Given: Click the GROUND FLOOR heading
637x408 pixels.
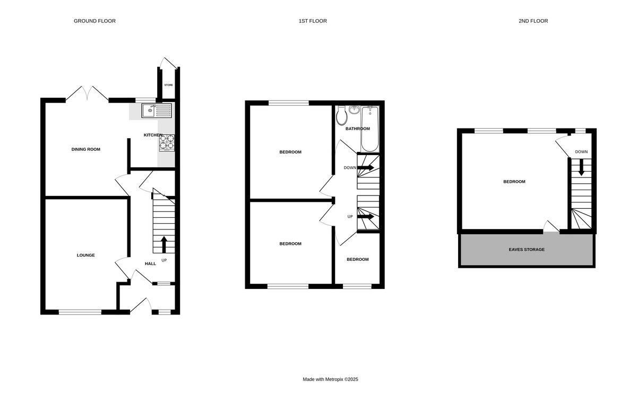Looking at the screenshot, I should [x=94, y=21].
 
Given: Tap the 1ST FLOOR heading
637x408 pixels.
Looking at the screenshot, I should [x=313, y=21].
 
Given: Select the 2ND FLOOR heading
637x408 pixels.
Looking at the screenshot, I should [x=533, y=21].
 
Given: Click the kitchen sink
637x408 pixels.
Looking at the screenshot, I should [x=157, y=110].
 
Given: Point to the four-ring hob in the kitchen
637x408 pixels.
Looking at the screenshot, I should [x=167, y=143].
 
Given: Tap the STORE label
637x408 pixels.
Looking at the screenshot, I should [x=168, y=85].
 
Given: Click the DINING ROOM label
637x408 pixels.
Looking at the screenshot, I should [x=86, y=149].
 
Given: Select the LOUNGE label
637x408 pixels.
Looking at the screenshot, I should [x=85, y=255].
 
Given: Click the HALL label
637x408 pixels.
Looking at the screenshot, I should [x=151, y=263].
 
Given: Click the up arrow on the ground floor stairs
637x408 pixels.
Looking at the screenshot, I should [x=163, y=244].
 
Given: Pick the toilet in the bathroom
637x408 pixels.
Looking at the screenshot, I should [x=342, y=115].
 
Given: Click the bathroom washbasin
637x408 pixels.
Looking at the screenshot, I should [x=355, y=111].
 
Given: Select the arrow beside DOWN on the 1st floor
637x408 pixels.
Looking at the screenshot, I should [x=366, y=167].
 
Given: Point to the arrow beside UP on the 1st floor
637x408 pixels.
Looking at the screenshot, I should [x=366, y=216].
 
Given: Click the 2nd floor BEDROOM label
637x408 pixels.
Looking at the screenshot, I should [x=514, y=182].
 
